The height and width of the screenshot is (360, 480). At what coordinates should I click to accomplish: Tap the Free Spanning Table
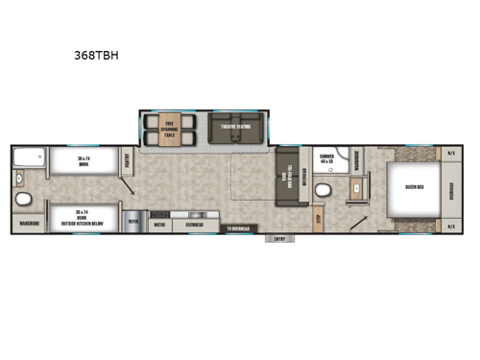tap(169, 131)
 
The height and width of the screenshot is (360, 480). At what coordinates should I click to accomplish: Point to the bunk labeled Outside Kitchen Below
tap(83, 216)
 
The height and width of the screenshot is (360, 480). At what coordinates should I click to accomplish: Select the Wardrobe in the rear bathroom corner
tap(27, 227)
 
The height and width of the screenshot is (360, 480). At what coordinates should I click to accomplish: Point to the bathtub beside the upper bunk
tap(29, 161)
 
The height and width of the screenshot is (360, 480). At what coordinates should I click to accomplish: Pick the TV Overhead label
tap(239, 228)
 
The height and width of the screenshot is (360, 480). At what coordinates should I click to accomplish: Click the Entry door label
tap(279, 238)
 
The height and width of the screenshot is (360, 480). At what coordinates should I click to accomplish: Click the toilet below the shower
tap(326, 188)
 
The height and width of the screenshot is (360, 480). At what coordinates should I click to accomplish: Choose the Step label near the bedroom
tap(319, 217)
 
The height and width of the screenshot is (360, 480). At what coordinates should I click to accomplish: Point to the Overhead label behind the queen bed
tap(452, 190)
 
